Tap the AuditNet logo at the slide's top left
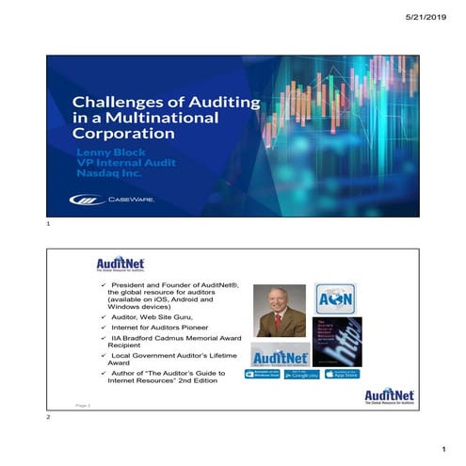coord(120,265)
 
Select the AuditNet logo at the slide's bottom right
coord(388,396)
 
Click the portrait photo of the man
coord(280,311)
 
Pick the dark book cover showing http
coord(337,341)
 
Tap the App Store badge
coord(343,374)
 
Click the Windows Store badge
coord(263,374)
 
